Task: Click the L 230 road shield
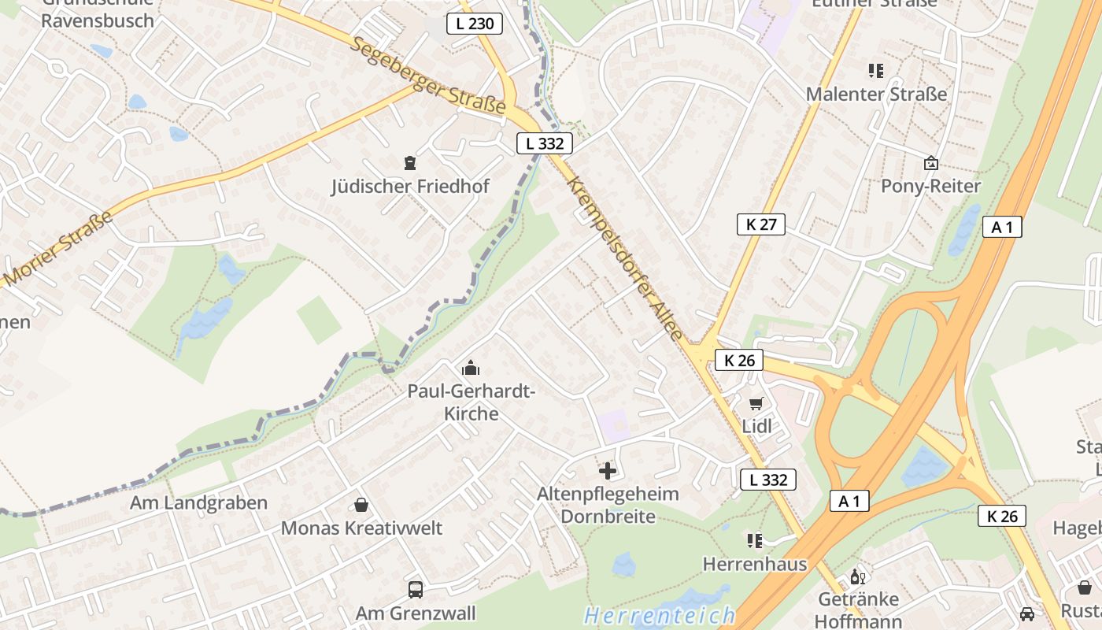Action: tap(475, 24)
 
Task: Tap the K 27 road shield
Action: tap(761, 224)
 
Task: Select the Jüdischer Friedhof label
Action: tap(410, 187)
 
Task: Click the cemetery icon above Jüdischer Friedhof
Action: tap(409, 163)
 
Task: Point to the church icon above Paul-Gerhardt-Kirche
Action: tap(471, 368)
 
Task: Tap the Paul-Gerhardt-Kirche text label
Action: tap(471, 402)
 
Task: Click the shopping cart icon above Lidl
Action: tap(756, 404)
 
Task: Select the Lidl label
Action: tap(756, 427)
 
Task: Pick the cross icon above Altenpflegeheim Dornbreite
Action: tap(608, 471)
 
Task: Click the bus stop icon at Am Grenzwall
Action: tap(416, 589)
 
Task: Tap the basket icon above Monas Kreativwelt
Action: tap(361, 505)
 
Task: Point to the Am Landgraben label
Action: tap(198, 502)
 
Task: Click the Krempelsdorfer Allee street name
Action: tap(625, 258)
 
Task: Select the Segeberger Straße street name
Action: tap(429, 77)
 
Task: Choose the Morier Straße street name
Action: tap(59, 248)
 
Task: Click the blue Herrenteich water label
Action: tap(660, 614)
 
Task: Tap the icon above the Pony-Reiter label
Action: tap(931, 163)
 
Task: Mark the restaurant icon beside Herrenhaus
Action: tap(755, 540)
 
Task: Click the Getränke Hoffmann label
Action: tap(858, 610)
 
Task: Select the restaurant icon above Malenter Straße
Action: tap(876, 71)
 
